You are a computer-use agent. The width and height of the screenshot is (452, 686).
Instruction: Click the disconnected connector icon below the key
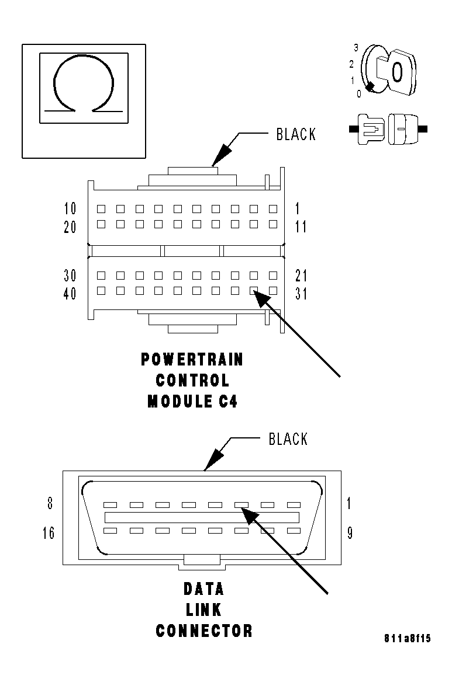coord(388,127)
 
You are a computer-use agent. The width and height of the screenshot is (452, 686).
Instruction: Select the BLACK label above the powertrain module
coord(295,134)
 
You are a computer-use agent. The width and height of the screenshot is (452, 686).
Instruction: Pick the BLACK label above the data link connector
coord(288,439)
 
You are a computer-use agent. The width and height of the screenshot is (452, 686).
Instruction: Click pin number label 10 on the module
coord(70,208)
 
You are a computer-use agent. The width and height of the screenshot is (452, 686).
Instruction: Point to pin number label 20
coord(70,227)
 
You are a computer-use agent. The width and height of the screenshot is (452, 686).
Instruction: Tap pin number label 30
coord(70,275)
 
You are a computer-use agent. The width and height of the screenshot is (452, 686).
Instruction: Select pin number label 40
coord(70,294)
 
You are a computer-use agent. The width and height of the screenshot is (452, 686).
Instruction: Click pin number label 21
coord(301,275)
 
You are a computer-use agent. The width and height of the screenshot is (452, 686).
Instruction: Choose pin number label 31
coord(301,294)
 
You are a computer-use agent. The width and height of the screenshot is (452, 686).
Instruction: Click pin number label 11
coord(301,227)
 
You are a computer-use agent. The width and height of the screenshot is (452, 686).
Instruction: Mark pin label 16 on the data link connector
coord(49,533)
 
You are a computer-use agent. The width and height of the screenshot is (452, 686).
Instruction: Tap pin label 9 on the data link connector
coord(350,533)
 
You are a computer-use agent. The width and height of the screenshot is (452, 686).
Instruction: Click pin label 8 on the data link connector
coord(50,503)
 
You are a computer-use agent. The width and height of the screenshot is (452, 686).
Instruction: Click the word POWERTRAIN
coord(192,359)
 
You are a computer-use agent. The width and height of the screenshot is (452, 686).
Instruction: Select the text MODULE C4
coord(192,402)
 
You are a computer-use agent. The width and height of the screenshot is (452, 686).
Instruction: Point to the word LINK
coord(203,610)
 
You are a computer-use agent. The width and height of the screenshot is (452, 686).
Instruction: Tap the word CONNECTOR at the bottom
coord(204,631)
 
